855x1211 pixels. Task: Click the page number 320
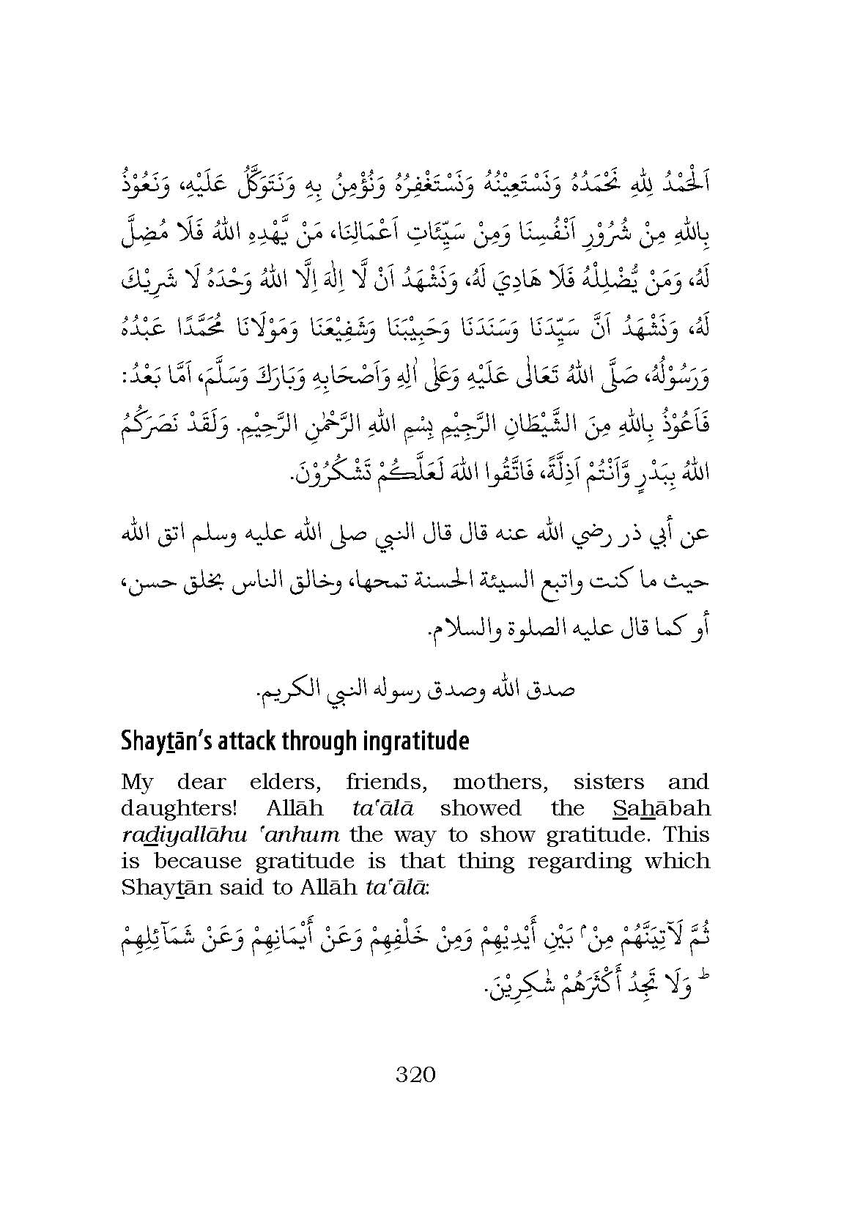[415, 1075]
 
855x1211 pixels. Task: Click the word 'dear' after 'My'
[202, 782]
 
